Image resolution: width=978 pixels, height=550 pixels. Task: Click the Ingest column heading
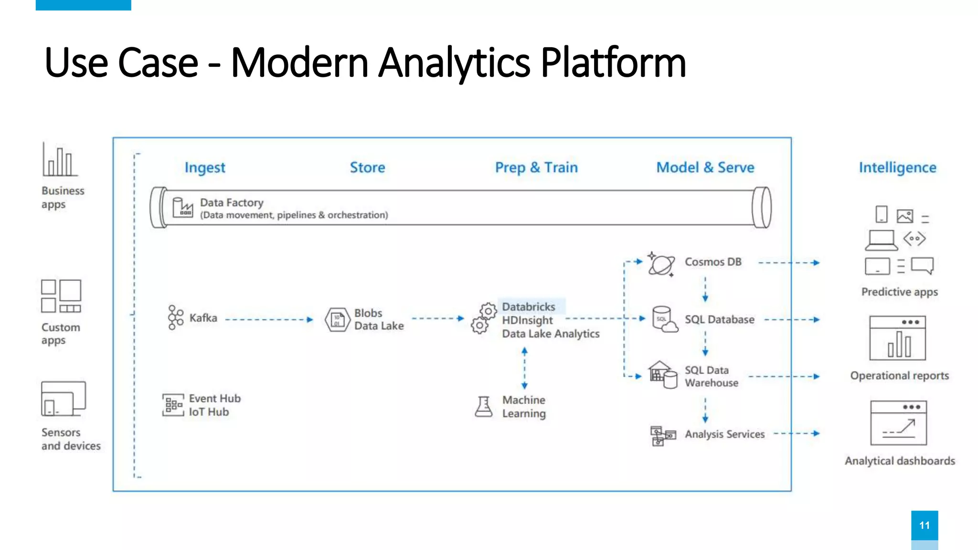click(x=205, y=168)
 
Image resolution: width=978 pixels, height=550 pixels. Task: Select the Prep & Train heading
click(x=536, y=168)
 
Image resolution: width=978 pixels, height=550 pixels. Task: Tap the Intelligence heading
click(x=897, y=168)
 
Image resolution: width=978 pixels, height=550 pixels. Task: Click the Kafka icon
click(x=175, y=317)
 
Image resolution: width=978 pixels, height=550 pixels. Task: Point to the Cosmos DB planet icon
click(x=661, y=264)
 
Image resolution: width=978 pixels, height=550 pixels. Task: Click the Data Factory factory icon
click(x=182, y=208)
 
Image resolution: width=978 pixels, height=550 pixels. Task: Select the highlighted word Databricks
click(x=529, y=307)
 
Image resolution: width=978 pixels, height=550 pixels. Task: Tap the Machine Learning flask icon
click(x=484, y=407)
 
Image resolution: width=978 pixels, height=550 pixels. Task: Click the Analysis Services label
click(x=724, y=434)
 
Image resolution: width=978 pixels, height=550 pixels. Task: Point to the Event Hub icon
click(x=173, y=405)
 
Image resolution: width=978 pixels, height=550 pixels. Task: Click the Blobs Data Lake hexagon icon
click(x=338, y=319)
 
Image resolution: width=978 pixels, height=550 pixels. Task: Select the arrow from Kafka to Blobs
click(x=269, y=319)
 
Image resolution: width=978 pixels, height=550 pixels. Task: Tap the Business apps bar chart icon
click(x=60, y=160)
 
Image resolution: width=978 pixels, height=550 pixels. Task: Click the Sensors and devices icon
click(x=63, y=399)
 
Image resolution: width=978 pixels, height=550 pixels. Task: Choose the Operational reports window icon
click(x=897, y=338)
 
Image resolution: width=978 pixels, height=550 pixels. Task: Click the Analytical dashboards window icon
click(x=898, y=423)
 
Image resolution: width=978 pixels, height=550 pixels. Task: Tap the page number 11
click(x=924, y=525)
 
